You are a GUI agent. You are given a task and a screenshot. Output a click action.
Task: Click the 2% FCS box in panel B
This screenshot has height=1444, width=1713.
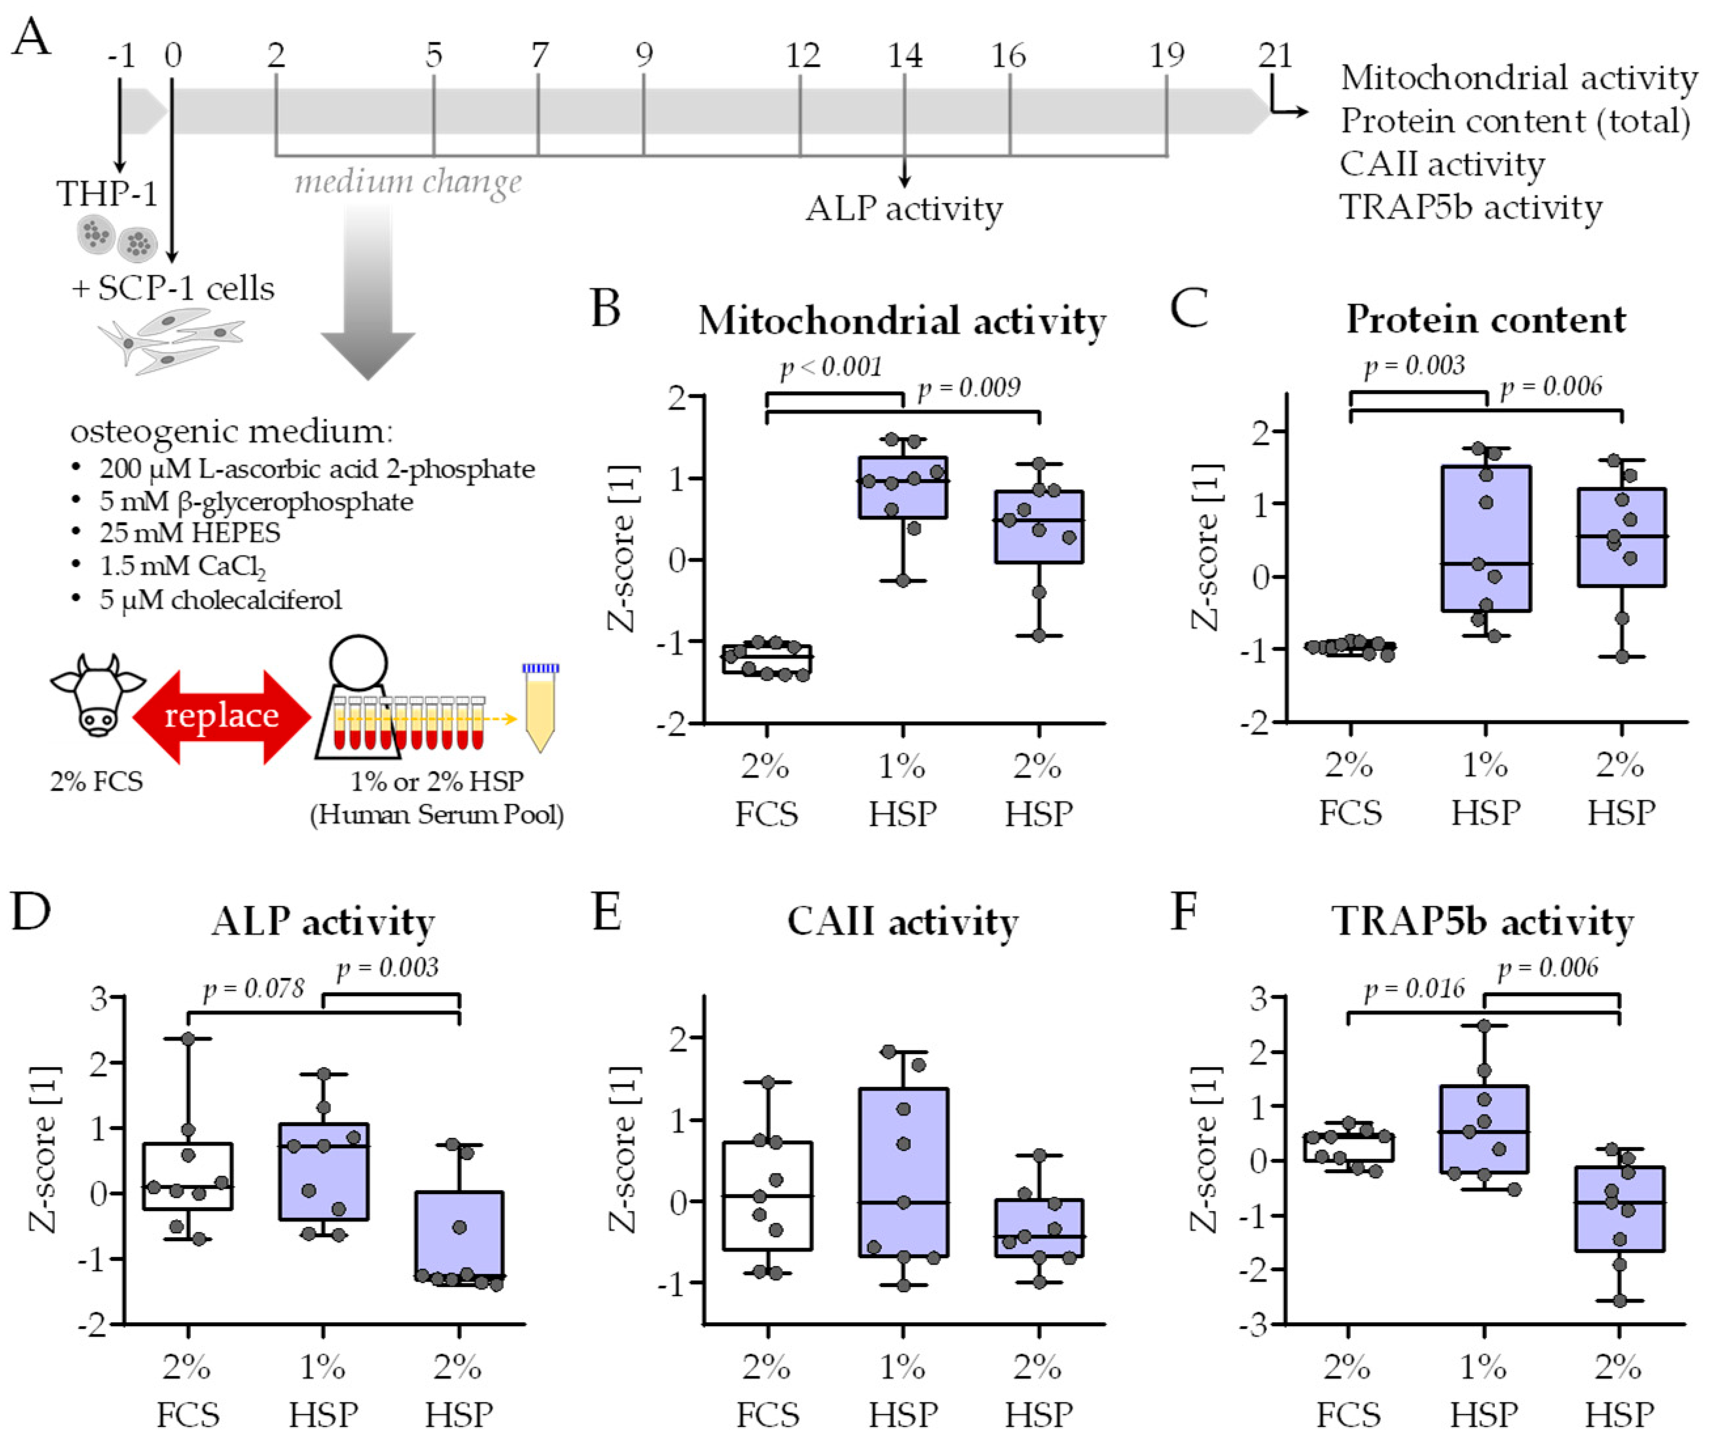[x=767, y=659]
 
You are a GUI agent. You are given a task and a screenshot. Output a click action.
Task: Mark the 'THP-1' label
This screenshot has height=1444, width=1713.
[x=106, y=194]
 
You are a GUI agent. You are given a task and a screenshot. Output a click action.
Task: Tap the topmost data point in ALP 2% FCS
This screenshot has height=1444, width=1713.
[x=188, y=1039]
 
